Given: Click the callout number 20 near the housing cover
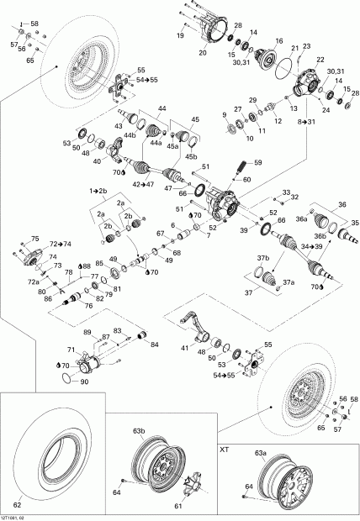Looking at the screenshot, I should click(x=202, y=53).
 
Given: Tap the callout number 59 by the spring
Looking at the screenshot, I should click(x=257, y=161).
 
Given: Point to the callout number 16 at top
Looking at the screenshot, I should click(x=278, y=40).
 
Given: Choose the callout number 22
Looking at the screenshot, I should click(x=320, y=60).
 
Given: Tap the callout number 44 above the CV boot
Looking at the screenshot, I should click(x=161, y=108).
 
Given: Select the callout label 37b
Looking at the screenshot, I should click(x=262, y=257).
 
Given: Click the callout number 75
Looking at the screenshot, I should click(x=34, y=239).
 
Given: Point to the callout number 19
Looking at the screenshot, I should click(x=180, y=36).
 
